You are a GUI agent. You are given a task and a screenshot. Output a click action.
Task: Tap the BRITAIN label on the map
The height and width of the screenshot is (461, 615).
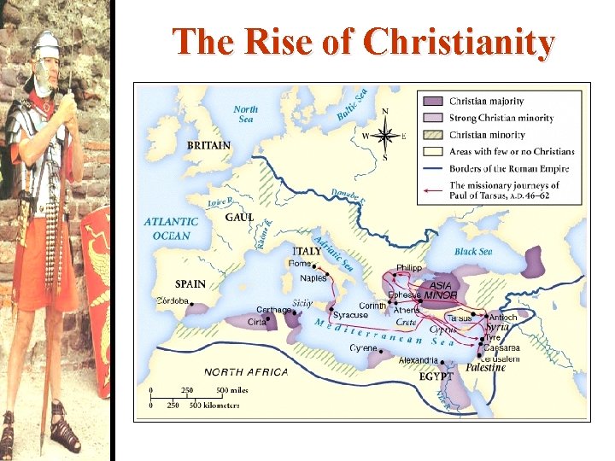pos(208,146)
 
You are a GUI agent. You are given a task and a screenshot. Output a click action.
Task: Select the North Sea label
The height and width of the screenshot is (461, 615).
pos(245,114)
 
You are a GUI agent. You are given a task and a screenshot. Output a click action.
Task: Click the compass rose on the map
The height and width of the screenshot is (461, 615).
pos(385,135)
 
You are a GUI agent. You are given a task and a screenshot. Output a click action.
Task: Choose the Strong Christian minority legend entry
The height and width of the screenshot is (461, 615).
pos(501,119)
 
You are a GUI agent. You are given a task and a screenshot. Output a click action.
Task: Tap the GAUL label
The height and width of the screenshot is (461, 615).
pos(239,218)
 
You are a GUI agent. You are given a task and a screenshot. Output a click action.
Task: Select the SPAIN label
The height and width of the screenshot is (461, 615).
pos(190,284)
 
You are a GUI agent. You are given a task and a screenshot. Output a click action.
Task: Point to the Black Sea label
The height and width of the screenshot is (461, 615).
pos(473,252)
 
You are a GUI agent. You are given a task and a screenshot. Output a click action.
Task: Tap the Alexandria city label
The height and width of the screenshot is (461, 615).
pos(419,360)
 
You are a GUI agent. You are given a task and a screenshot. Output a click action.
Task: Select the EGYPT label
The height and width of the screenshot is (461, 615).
pos(437,376)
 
